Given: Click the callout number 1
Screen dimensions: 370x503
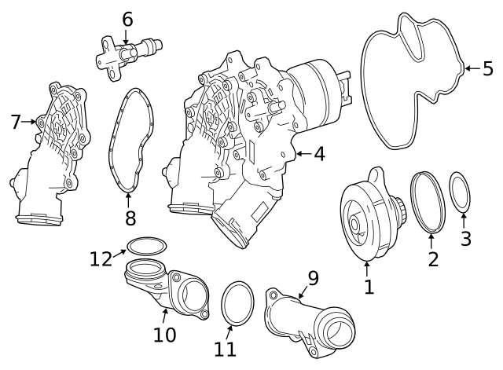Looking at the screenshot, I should coord(369,288).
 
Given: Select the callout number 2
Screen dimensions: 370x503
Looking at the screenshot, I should coord(433,258).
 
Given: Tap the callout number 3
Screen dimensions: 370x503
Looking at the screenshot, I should coord(466,239).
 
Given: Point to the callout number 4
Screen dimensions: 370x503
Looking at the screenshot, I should coord(318,155).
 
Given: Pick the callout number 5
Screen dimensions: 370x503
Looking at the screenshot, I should coord(487,69).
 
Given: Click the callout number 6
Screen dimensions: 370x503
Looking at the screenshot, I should coord(127,18).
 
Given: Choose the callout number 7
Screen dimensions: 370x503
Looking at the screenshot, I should coord(15,122).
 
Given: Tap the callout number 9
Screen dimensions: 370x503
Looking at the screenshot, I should coord(313,277).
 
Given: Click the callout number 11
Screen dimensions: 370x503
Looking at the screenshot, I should coord(226,349).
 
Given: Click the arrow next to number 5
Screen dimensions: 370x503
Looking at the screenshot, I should coord(470,69).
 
